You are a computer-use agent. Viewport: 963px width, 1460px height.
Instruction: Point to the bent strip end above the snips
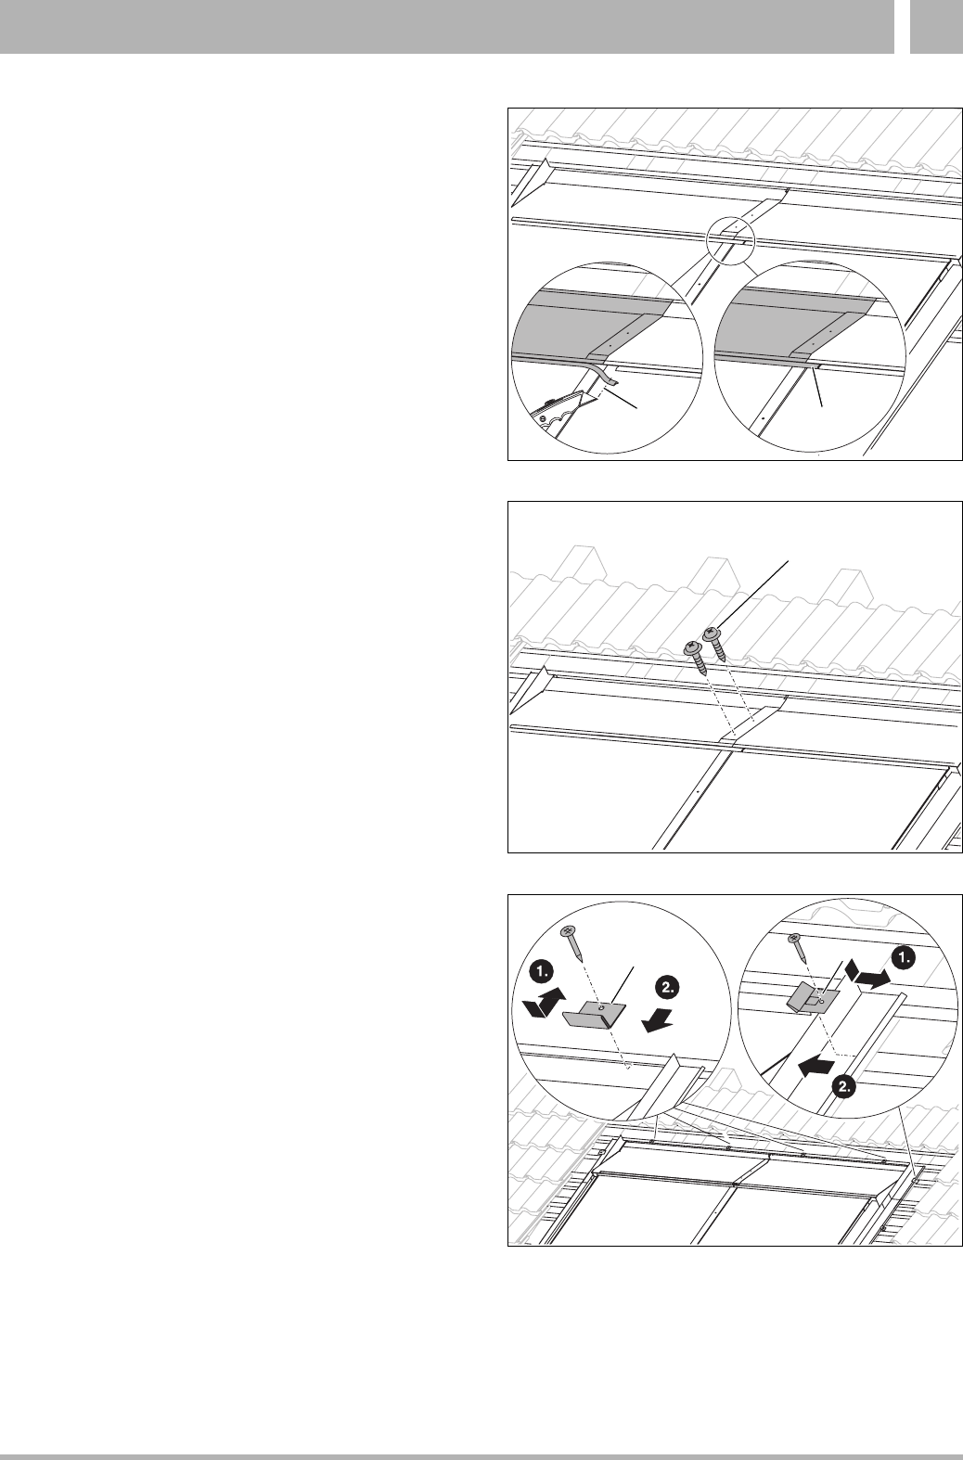(604, 375)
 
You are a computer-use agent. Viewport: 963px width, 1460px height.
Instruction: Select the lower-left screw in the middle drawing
(696, 658)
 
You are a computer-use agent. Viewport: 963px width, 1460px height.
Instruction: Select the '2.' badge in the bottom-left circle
(668, 988)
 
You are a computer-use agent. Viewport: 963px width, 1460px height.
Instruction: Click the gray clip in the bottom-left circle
(593, 1016)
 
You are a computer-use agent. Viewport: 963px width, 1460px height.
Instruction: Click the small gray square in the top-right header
(936, 26)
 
